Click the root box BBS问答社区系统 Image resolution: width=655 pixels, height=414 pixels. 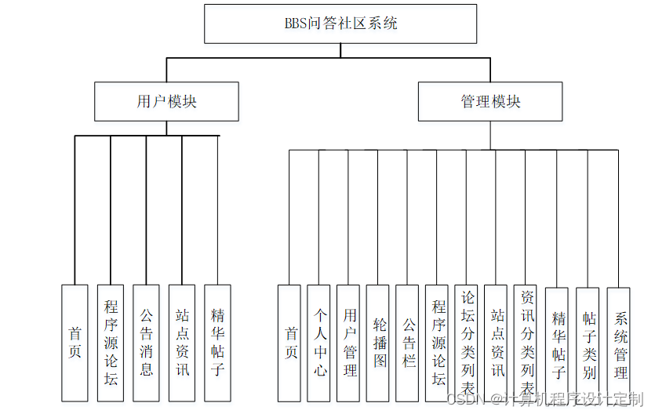[340, 24]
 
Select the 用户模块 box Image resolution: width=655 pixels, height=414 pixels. [166, 102]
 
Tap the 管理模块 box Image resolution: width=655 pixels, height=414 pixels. [490, 102]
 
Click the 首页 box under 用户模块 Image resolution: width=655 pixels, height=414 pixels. [75, 343]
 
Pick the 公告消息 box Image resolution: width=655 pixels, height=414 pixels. [146, 343]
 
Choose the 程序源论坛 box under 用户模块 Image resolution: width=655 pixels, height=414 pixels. [111, 343]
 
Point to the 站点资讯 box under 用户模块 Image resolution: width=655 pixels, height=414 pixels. [182, 343]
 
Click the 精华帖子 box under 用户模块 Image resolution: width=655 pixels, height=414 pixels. [217, 343]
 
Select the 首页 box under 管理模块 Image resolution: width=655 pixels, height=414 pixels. [289, 343]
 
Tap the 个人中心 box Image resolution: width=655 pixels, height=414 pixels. [319, 343]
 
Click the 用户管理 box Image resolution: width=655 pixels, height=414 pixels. [349, 343]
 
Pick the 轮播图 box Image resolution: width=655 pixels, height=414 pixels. [379, 343]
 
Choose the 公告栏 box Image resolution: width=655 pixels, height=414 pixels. [408, 343]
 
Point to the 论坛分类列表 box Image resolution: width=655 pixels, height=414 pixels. [467, 343]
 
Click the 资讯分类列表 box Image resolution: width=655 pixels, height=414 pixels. [526, 343]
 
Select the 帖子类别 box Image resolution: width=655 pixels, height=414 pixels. [588, 343]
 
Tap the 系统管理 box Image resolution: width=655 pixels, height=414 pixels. [619, 343]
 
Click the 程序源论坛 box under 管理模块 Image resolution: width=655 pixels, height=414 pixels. [438, 343]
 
